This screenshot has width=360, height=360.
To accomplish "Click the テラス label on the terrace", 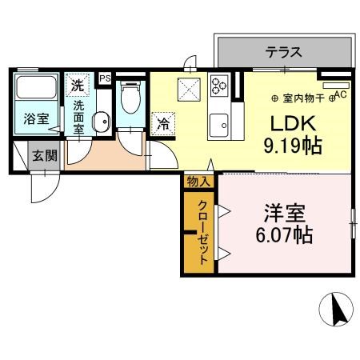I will point(284,54).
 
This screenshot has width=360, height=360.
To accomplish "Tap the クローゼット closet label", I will point(203,232).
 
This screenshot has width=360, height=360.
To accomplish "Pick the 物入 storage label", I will point(198,182).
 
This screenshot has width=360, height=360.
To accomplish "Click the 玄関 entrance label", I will point(45,156).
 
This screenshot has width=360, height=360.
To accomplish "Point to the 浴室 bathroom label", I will point(34,120).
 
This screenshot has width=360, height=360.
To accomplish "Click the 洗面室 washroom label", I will point(80,116).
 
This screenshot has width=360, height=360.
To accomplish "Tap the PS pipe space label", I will point(105,79).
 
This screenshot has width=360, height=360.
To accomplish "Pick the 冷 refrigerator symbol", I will point(163,124).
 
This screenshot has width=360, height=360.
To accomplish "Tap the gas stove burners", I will point(219,86).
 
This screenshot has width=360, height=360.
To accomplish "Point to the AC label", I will point(339,94).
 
